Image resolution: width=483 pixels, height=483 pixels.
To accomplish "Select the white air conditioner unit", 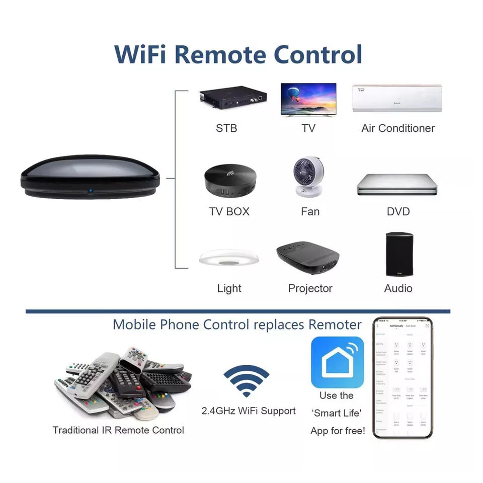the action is (397, 98).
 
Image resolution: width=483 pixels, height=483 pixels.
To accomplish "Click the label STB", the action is (226, 128).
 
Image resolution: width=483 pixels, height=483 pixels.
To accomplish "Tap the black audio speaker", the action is (399, 254).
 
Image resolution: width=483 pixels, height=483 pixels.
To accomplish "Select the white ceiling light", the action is (229, 259).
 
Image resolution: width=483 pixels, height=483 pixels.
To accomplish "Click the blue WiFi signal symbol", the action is (246, 381).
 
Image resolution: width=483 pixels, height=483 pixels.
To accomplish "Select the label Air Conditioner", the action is (397, 128).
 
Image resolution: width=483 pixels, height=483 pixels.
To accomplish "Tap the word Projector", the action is (310, 288).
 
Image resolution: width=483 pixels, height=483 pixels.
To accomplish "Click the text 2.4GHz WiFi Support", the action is (249, 411).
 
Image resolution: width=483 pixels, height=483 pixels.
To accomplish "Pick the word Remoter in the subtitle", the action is (335, 324).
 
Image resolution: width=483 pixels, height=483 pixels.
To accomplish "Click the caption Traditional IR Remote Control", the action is (118, 430).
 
